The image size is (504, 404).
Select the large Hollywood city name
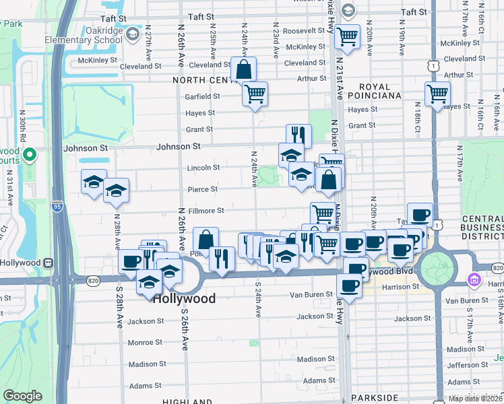click(184, 298)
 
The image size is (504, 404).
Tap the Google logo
click(22, 396)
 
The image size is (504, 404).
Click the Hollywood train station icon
click(49, 262)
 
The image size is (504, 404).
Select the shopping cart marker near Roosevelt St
click(347, 36)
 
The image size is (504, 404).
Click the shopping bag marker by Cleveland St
click(243, 69)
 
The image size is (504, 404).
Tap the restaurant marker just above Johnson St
click(298, 135)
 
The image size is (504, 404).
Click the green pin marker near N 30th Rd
click(29, 156)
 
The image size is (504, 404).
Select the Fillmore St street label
click(206, 211)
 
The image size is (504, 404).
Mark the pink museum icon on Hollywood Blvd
click(473, 278)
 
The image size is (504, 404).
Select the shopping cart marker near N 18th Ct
click(437, 94)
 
